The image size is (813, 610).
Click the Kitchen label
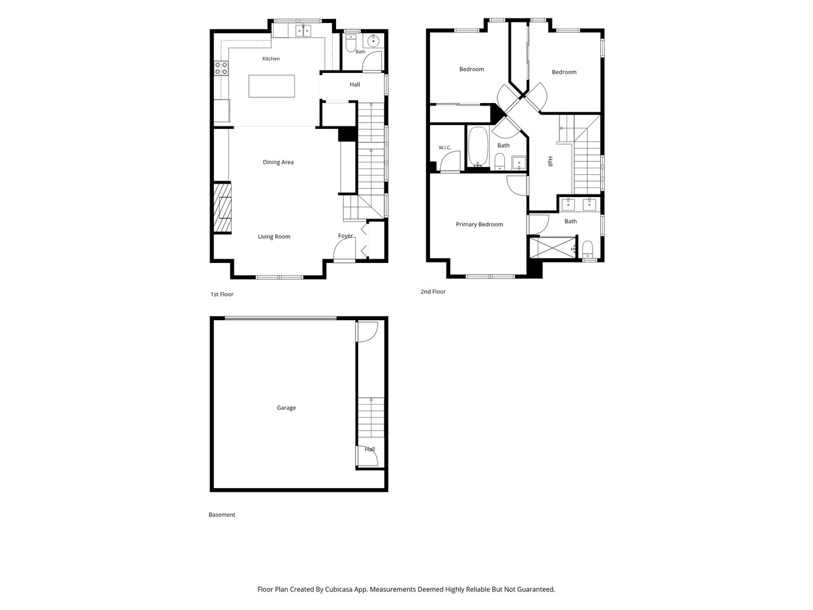click(x=271, y=58)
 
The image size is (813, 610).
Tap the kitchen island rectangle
click(x=271, y=86)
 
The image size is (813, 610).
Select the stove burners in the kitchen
click(x=222, y=68)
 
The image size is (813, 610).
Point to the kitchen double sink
click(x=304, y=30)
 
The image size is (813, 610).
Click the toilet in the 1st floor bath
click(x=350, y=43)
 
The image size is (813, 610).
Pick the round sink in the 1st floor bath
click(x=373, y=40)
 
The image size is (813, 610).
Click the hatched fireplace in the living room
click(x=222, y=208)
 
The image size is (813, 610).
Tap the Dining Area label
click(x=278, y=162)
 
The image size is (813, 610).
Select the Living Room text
click(x=274, y=236)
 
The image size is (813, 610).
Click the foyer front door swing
click(x=345, y=250)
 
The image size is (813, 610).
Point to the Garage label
click(x=286, y=408)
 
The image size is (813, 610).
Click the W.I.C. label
click(x=445, y=148)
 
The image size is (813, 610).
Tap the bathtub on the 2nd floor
click(x=478, y=147)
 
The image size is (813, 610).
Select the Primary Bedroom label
click(x=480, y=224)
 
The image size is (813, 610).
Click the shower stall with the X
click(x=553, y=247)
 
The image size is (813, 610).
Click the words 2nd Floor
click(x=433, y=292)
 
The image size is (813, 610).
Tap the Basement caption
click(x=222, y=515)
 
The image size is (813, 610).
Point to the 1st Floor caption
click(x=222, y=294)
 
